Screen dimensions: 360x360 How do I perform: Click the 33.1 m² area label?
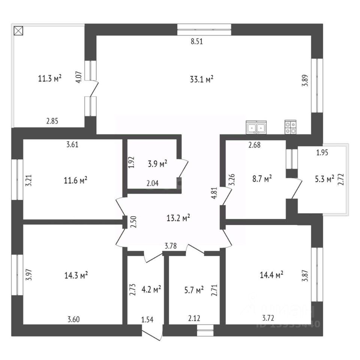click(202, 79)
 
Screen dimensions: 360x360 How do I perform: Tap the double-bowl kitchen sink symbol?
click(256, 127)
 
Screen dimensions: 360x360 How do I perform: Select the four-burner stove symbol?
click(290, 127)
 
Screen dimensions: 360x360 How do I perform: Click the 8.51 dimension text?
click(196, 42)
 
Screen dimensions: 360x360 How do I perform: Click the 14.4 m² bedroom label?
click(271, 275)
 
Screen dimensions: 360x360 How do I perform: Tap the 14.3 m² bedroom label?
click(76, 275)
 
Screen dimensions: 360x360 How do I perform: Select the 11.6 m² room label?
click(76, 180)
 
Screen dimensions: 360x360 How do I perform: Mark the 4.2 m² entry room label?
click(151, 289)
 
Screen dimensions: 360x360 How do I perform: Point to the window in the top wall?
click(204, 29)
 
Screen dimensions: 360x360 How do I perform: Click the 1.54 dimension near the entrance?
click(147, 320)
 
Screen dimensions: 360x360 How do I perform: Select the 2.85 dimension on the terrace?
click(52, 121)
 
